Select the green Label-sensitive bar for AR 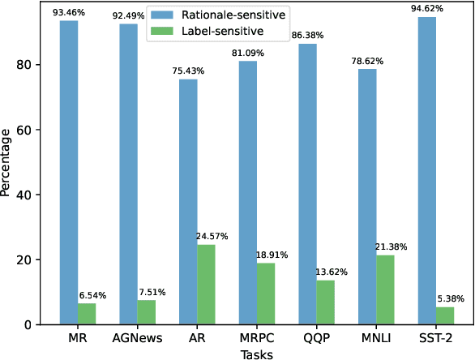tap(206, 285)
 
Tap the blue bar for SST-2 tap(427, 171)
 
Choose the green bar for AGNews tap(147, 312)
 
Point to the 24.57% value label tap(211, 237)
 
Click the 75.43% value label tap(187, 71)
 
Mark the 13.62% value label tap(331, 272)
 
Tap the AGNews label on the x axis tap(136, 337)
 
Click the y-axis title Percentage tap(7, 163)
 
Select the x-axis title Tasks tap(256, 354)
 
